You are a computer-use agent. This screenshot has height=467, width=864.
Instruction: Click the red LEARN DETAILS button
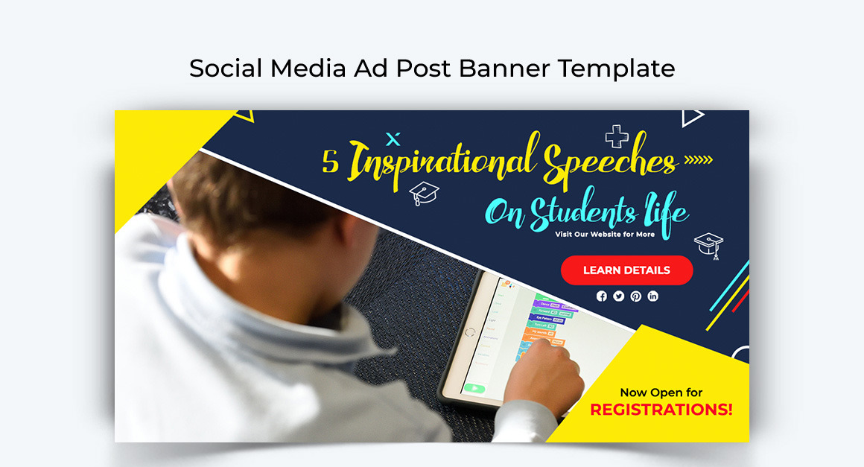626,270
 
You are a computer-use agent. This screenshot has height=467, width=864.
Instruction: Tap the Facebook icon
602,296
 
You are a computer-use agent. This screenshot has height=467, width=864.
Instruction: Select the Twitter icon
619,296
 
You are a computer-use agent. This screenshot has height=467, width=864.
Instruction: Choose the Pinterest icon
636,296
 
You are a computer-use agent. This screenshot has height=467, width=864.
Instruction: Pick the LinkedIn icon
653,296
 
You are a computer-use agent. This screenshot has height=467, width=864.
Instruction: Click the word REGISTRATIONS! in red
661,410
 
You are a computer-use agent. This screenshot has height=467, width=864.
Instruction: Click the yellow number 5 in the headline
330,162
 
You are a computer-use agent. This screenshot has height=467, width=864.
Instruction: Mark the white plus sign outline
617,136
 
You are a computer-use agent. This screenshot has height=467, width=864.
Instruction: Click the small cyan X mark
394,139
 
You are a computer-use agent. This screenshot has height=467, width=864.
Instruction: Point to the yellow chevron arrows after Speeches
698,159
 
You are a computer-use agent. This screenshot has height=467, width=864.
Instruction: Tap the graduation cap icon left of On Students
425,193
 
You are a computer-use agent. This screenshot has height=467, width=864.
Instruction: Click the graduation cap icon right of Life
709,244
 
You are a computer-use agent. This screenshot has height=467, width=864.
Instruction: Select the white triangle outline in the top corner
692,117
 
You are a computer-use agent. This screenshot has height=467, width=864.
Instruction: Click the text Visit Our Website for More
605,234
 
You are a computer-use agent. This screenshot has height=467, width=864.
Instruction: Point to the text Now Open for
661,393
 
